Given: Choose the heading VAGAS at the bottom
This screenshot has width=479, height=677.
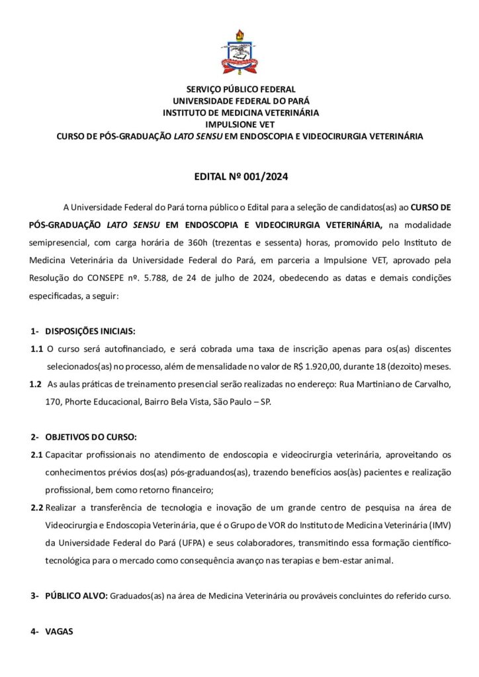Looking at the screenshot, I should point(59,631).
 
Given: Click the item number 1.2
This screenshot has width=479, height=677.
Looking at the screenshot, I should point(37,384).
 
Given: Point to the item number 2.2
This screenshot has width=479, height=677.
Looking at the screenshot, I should point(37,508).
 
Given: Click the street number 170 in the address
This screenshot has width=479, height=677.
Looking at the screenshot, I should point(55,401).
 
